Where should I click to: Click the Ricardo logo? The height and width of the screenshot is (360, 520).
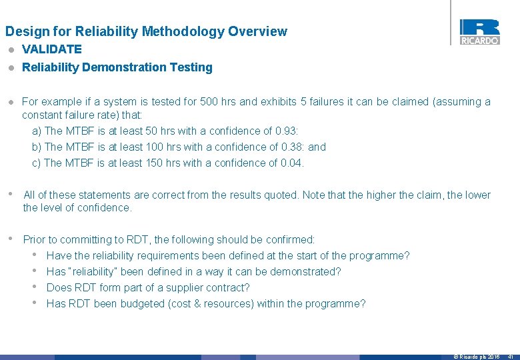point(479,32)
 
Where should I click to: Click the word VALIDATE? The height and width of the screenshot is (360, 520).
point(52,49)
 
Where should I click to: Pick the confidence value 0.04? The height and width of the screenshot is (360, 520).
point(291,163)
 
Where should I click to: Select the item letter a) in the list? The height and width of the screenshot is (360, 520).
point(37,131)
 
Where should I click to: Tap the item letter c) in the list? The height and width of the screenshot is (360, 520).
point(37,163)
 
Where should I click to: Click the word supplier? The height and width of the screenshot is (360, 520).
point(177,288)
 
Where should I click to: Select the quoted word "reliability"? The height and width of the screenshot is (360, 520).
point(91,272)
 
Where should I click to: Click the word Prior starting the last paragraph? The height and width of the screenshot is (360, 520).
point(35,240)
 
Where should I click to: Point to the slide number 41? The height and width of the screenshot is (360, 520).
point(510,357)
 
